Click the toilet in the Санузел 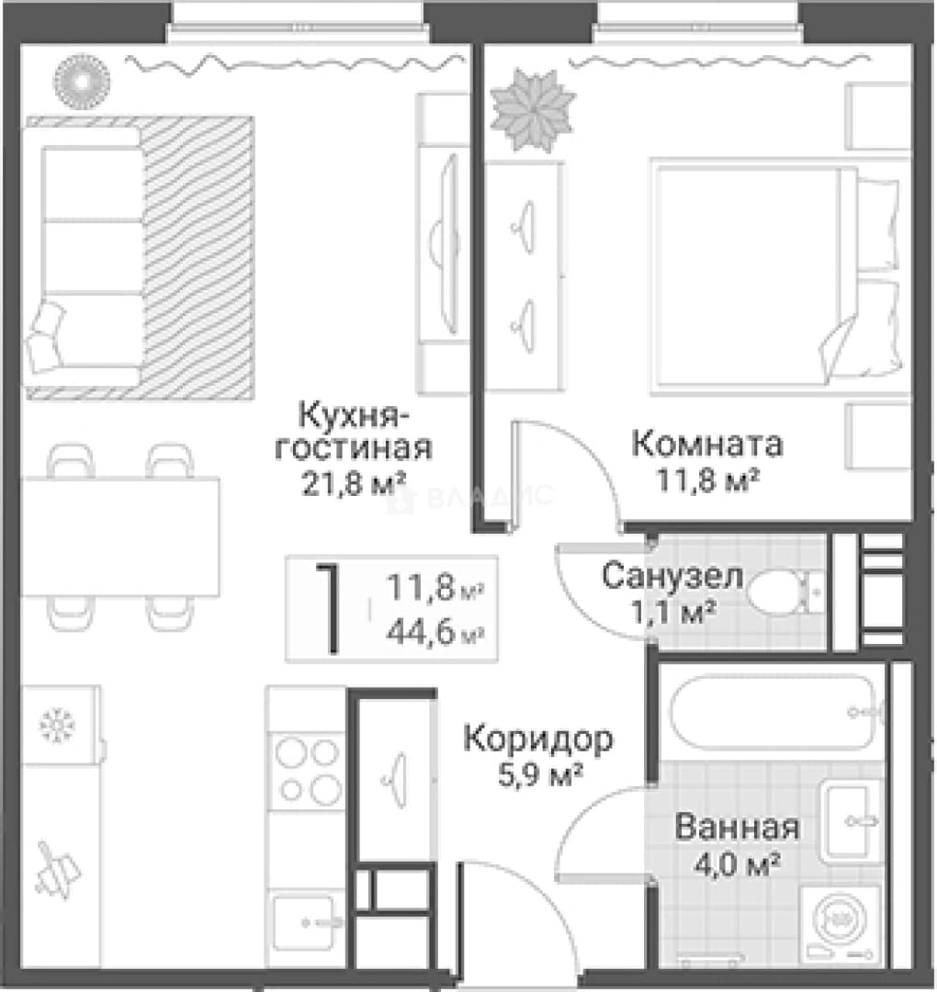point(785,592)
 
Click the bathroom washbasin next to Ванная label point(851,820)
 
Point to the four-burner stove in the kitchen point(308,772)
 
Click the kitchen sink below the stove point(306,922)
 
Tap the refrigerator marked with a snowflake point(60,725)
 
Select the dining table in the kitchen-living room point(120,536)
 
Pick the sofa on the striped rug point(83,255)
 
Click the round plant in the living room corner point(82,82)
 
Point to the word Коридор point(538,738)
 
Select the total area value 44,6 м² point(435,631)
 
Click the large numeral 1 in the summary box point(329,609)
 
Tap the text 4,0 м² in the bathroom point(737,863)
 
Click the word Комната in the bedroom point(707,445)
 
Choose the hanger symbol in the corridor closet point(395,780)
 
